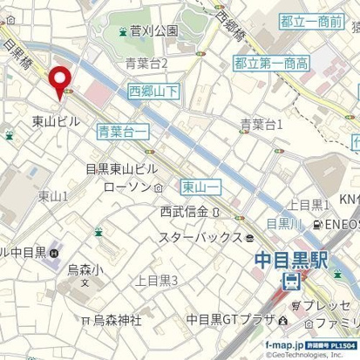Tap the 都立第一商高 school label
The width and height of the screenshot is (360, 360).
272,62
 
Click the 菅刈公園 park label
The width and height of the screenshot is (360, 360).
153,31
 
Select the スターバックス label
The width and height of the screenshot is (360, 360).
200,236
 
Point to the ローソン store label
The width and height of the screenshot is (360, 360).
126,187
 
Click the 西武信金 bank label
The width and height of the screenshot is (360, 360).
183,211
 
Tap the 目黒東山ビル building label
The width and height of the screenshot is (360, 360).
121,169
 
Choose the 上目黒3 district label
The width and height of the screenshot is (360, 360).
157,280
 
